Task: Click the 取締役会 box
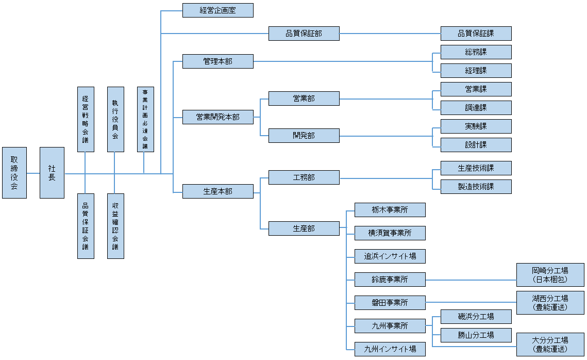point(14,173)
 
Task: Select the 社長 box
point(52,173)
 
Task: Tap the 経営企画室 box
point(217,10)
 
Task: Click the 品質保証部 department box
point(304,34)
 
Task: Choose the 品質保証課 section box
point(476,34)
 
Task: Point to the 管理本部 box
point(217,61)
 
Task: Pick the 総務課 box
point(476,52)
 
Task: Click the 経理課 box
point(476,71)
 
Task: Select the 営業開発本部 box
point(217,117)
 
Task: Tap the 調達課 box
point(476,108)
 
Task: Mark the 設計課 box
point(476,145)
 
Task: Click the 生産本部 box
point(217,191)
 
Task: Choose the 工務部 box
point(304,177)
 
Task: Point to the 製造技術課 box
point(476,187)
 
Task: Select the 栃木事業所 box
point(390,210)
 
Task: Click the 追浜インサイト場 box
point(390,256)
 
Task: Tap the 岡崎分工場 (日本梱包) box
point(550,275)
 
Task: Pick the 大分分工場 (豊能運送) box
point(550,345)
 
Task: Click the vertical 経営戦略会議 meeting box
point(86,119)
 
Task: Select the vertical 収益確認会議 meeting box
point(115,226)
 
